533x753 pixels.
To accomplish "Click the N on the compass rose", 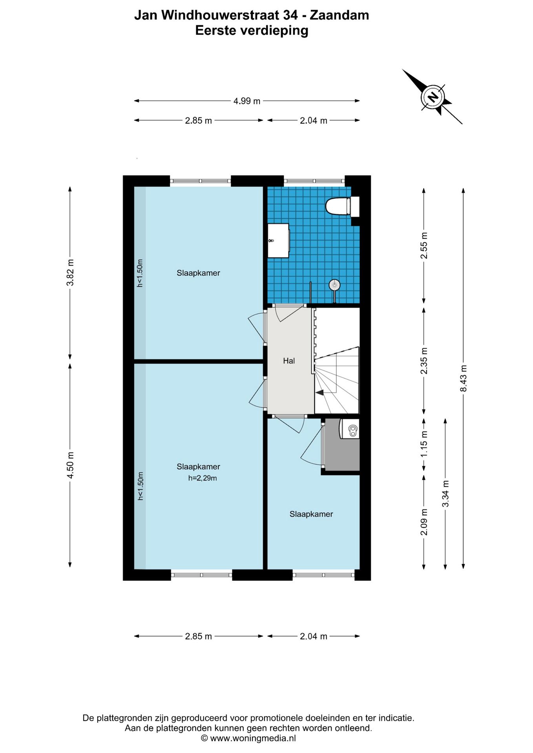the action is click(x=433, y=96).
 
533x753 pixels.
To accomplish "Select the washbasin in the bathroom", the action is click(x=278, y=240).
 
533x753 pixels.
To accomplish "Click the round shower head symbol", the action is click(x=334, y=285).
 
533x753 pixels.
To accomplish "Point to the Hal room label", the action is click(x=289, y=361).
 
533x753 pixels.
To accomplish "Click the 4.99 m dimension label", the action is click(x=247, y=101).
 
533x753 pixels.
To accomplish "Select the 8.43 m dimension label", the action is click(x=464, y=378).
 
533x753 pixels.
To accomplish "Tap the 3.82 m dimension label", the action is click(x=70, y=273).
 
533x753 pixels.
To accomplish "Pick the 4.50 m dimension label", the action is click(x=70, y=465).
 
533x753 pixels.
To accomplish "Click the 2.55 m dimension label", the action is click(x=424, y=246).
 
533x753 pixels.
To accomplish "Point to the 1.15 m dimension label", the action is click(x=424, y=444).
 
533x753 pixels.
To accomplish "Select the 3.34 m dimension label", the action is click(x=445, y=493).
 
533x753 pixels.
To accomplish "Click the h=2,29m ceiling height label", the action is click(x=203, y=478).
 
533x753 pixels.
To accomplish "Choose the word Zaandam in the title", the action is click(x=340, y=15).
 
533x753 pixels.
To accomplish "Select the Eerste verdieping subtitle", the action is click(x=252, y=31).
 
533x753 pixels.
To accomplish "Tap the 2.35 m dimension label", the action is click(x=424, y=361).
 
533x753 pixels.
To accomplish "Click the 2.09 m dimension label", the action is click(x=424, y=522).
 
